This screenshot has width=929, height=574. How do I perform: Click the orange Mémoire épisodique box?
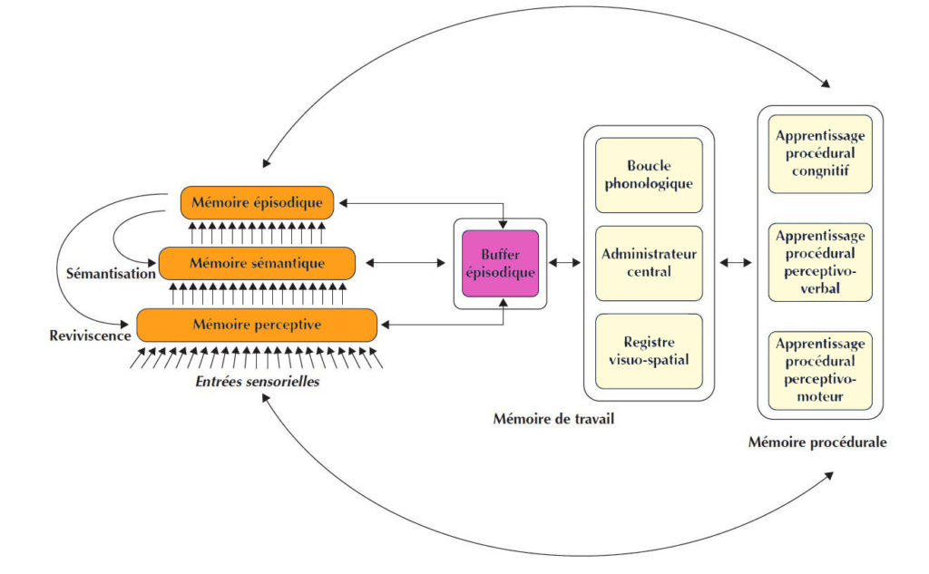pyautogui.click(x=257, y=202)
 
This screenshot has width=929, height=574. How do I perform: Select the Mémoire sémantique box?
pyautogui.click(x=257, y=263)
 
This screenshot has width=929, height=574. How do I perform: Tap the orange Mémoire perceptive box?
pyautogui.click(x=257, y=325)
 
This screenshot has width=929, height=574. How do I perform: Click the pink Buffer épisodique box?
pyautogui.click(x=500, y=263)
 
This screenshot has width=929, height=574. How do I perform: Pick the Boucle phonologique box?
pyautogui.click(x=649, y=175)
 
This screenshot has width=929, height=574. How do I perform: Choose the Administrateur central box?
pyautogui.click(x=649, y=262)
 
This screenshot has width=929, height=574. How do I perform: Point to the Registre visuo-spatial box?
pyautogui.click(x=649, y=350)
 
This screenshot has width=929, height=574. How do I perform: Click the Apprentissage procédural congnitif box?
pyautogui.click(x=820, y=153)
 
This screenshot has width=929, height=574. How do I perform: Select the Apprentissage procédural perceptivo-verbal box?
pyautogui.click(x=820, y=262)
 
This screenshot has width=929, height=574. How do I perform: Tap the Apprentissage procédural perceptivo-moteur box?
pyautogui.click(x=820, y=371)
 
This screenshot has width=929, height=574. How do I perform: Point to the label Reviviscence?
pyautogui.click(x=89, y=335)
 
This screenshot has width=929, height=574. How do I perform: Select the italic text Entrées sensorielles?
pyautogui.click(x=257, y=383)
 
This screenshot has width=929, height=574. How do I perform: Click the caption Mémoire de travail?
pyautogui.click(x=548, y=418)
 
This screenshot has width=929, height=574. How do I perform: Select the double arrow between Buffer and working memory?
pyautogui.click(x=566, y=263)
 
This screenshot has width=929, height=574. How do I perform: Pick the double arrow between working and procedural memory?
pyautogui.click(x=736, y=263)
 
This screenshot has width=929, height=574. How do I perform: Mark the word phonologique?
pyautogui.click(x=649, y=184)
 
